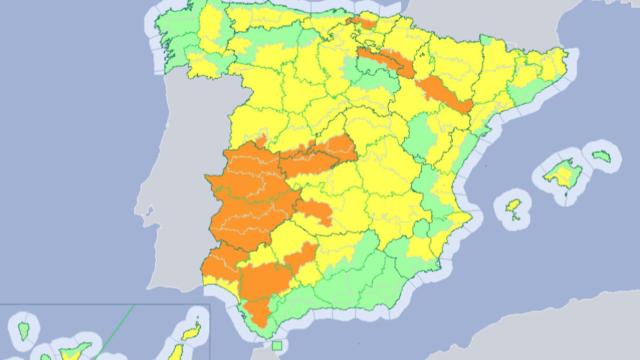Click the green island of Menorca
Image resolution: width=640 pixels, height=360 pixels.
point(600,156)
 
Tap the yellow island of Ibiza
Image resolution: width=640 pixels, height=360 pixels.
point(514,209)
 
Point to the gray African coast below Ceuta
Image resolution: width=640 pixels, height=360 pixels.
point(300,354)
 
